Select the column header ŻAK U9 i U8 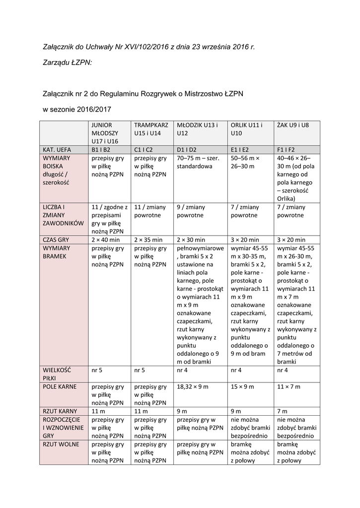293,126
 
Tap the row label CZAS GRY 56,240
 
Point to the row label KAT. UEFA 57,149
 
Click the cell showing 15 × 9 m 242,386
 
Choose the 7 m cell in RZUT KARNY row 282,411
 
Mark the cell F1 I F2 286,149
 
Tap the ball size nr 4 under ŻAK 284,370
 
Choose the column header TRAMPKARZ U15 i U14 151,129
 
